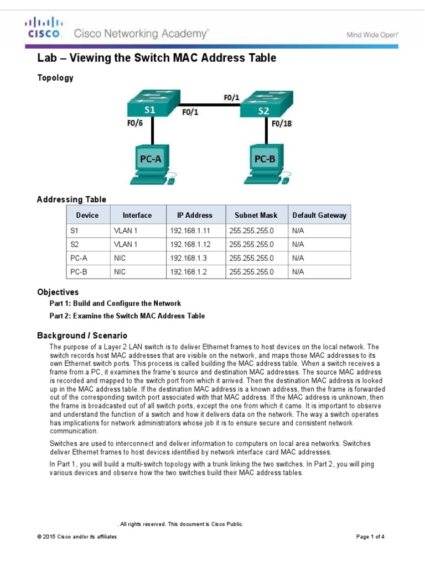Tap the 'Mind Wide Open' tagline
372,34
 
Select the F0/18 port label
282,123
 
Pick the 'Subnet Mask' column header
256,215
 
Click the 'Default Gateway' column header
319,215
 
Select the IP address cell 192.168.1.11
190,230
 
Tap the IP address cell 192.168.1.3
188,258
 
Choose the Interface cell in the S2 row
126,244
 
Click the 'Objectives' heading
58,292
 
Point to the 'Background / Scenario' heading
82,336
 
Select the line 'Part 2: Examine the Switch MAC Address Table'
127,316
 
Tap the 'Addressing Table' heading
71,200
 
